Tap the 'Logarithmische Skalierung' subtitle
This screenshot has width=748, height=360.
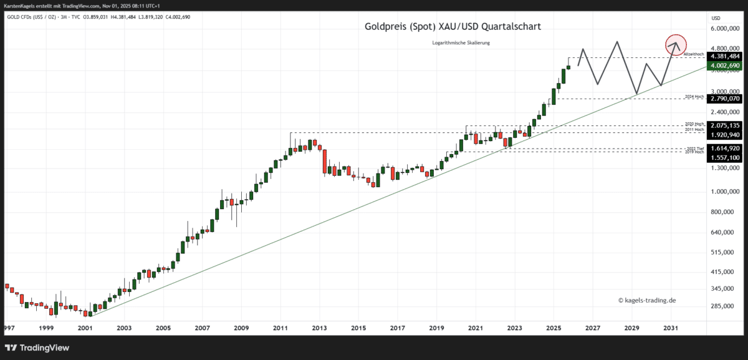coord(461,42)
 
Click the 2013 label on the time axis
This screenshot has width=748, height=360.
coord(319,328)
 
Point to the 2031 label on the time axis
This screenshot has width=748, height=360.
coord(670,328)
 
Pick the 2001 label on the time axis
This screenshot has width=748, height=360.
coord(85,328)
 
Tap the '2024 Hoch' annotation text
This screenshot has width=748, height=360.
coord(694,97)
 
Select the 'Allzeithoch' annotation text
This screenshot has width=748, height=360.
coord(694,55)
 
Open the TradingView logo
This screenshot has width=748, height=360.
coord(37,348)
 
